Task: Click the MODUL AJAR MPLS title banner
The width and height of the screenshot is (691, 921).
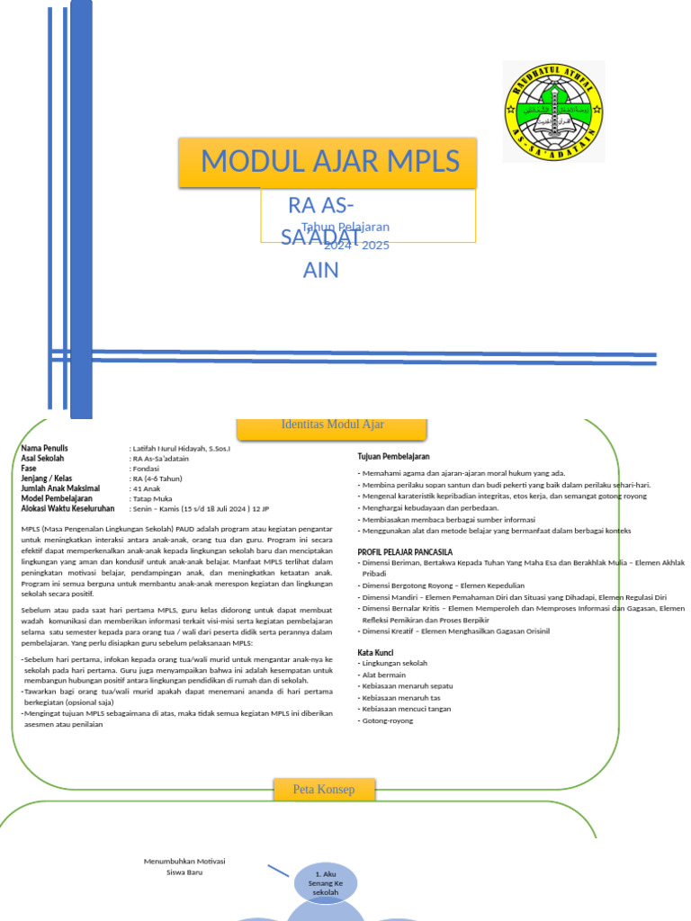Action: pyautogui.click(x=329, y=162)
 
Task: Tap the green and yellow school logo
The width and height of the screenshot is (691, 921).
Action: pyautogui.click(x=552, y=111)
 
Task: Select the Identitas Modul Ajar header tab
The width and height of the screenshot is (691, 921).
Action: pyautogui.click(x=332, y=425)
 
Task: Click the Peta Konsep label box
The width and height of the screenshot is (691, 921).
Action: pyautogui.click(x=324, y=790)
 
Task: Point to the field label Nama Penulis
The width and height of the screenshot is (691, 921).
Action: pyautogui.click(x=44, y=448)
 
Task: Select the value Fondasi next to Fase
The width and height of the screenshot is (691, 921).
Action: pyautogui.click(x=146, y=469)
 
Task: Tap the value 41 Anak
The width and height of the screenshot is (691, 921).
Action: pyautogui.click(x=147, y=488)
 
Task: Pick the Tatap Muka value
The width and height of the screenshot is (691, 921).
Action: pyautogui.click(x=153, y=498)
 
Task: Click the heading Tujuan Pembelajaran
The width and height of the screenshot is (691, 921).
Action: pyautogui.click(x=393, y=457)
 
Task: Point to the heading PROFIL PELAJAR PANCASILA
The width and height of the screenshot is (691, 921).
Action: pyautogui.click(x=405, y=551)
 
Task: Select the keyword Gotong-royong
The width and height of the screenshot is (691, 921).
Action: pyautogui.click(x=388, y=720)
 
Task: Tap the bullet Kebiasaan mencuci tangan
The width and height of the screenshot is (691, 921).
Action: pyautogui.click(x=406, y=709)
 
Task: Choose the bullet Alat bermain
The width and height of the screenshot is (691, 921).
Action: pyautogui.click(x=384, y=675)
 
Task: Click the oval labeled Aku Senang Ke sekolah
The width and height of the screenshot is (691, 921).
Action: pyautogui.click(x=325, y=882)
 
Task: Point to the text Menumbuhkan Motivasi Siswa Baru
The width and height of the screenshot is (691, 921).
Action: pyautogui.click(x=184, y=866)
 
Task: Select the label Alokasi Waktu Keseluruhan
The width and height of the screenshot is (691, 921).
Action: pyautogui.click(x=67, y=508)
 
